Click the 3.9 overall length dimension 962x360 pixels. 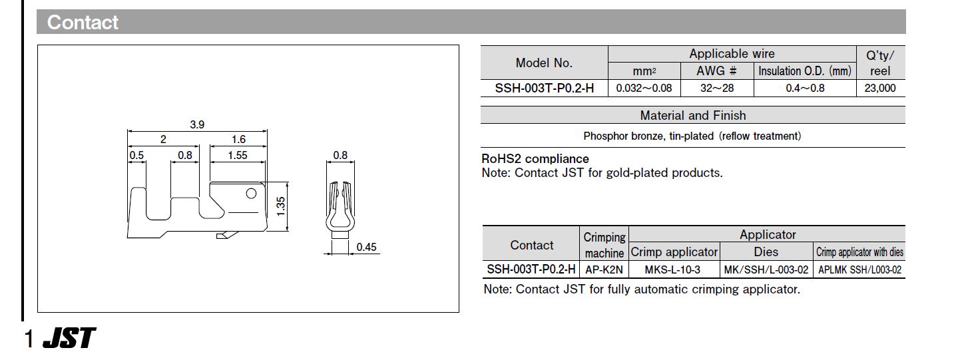pos(197,124)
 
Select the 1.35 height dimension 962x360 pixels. pos(280,206)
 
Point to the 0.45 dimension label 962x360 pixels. pos(366,247)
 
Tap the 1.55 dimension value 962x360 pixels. pos(238,155)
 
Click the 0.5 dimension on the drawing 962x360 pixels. pos(136,155)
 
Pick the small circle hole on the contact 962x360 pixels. pos(251,194)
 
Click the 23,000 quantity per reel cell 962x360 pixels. pos(880,88)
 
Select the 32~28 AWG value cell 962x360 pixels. pos(717,88)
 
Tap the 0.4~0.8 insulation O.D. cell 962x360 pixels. pos(805,88)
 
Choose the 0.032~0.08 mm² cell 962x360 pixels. pos(644,88)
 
